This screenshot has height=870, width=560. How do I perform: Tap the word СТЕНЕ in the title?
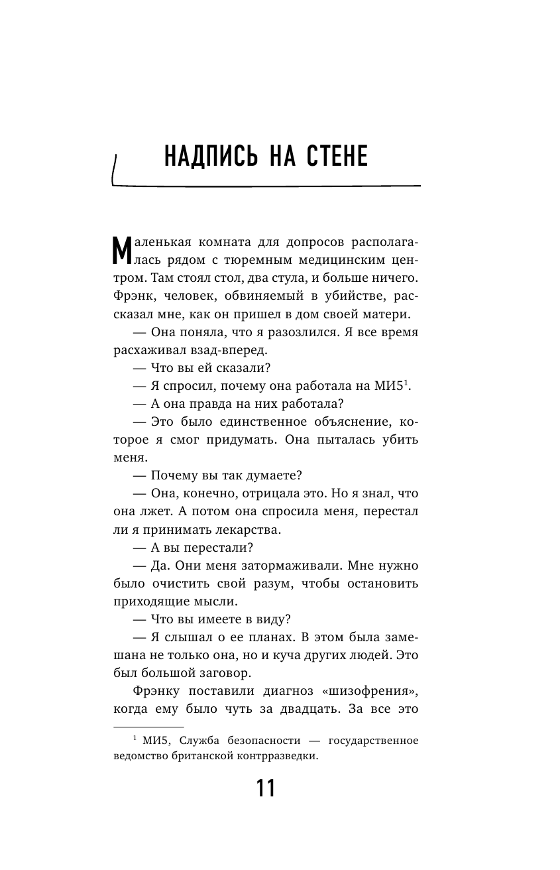click(x=336, y=158)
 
